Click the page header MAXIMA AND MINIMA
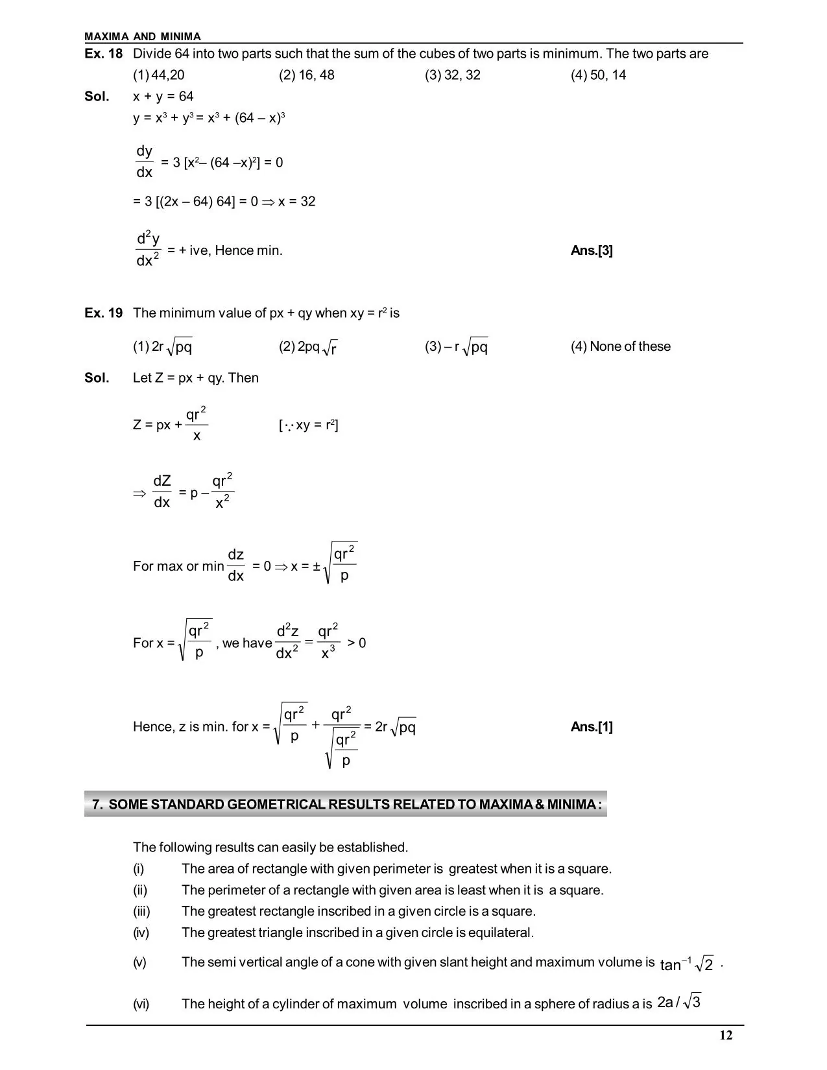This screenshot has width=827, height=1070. (x=143, y=37)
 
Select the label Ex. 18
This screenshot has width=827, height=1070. (x=103, y=54)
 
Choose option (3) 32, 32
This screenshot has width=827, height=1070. (x=452, y=75)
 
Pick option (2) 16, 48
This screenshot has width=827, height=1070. (x=306, y=75)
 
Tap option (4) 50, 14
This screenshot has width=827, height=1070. (x=598, y=75)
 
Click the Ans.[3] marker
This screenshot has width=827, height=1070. (x=592, y=251)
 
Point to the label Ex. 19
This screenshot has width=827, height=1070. (x=103, y=313)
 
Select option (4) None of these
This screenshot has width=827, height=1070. (x=620, y=347)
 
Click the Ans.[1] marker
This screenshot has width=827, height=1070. (x=592, y=727)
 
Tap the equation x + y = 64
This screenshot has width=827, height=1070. (x=163, y=97)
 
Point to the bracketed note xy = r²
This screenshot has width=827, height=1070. (x=308, y=425)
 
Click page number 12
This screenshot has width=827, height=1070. (x=726, y=1036)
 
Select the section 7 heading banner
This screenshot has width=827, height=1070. (x=346, y=805)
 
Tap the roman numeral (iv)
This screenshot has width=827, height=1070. (x=141, y=933)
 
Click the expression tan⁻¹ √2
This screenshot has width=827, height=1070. (x=686, y=964)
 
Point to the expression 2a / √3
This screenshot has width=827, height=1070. (x=678, y=1003)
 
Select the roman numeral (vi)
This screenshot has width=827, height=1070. (x=141, y=1005)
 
